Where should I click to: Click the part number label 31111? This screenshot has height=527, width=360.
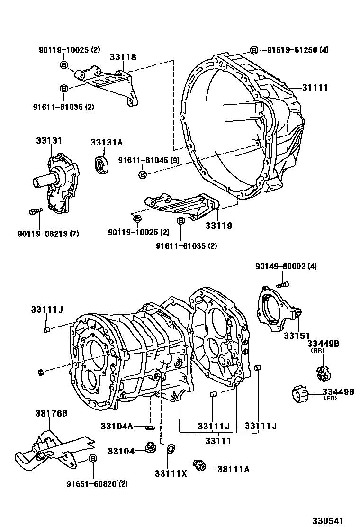(x=315, y=88)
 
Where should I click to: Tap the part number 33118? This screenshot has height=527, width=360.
(x=123, y=57)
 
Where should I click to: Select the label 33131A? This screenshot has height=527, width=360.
(x=107, y=143)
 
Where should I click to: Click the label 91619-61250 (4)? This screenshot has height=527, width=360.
(x=297, y=50)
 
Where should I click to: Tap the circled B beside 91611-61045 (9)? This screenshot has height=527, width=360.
(x=143, y=175)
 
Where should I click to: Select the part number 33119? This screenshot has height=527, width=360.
(x=219, y=226)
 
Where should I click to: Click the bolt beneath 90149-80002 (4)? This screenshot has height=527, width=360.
(x=282, y=284)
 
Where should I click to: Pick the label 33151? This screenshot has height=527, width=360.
(x=297, y=336)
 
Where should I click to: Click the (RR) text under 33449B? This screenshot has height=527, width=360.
(x=317, y=350)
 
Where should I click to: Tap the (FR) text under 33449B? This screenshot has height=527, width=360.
(x=330, y=398)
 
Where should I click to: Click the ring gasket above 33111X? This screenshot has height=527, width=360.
(x=171, y=448)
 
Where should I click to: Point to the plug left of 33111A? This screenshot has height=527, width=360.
(x=199, y=465)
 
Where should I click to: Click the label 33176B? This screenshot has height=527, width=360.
(x=51, y=413)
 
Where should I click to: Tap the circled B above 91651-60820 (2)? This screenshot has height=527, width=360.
(x=93, y=458)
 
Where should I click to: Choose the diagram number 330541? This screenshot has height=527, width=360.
(x=328, y=521)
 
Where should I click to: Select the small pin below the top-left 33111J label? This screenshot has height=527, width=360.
(x=47, y=329)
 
